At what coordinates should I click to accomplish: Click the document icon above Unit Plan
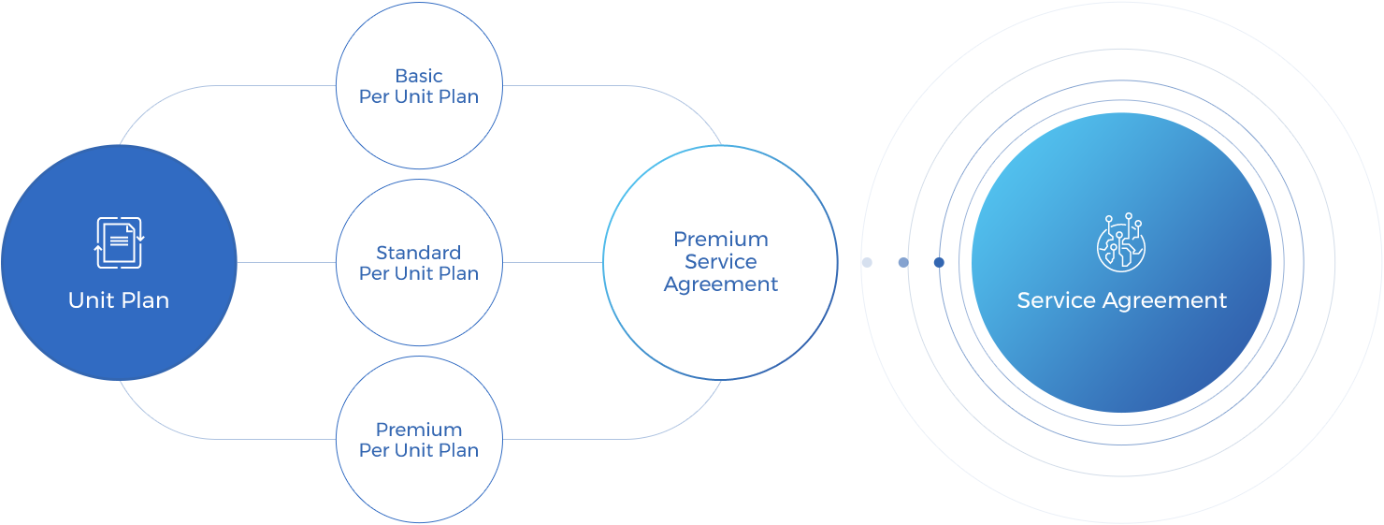coord(120,242)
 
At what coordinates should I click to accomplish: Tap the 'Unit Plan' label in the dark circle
coord(119,300)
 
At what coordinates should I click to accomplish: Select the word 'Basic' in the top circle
coord(419,76)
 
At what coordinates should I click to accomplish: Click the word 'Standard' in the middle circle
coord(419,253)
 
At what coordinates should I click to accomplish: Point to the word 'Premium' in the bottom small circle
coord(419,430)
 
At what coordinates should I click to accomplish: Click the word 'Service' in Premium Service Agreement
coord(720,262)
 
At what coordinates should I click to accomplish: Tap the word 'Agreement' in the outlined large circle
coord(720,284)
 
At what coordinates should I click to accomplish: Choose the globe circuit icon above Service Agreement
coord(1121,242)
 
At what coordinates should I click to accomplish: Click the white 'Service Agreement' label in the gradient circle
coord(1122,300)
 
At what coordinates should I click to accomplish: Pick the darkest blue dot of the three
coord(939,263)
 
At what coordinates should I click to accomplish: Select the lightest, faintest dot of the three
coord(867,263)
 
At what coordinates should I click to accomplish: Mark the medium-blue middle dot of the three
coord(903,263)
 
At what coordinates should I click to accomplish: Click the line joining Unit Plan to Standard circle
coord(287,262)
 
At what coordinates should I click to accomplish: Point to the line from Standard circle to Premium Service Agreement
coord(553,262)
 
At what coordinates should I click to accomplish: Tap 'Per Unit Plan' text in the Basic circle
coord(419,97)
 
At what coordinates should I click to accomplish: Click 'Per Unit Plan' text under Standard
coord(419,274)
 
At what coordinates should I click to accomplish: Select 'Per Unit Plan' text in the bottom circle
coord(419,451)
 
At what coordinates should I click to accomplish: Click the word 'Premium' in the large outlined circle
coord(721,240)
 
